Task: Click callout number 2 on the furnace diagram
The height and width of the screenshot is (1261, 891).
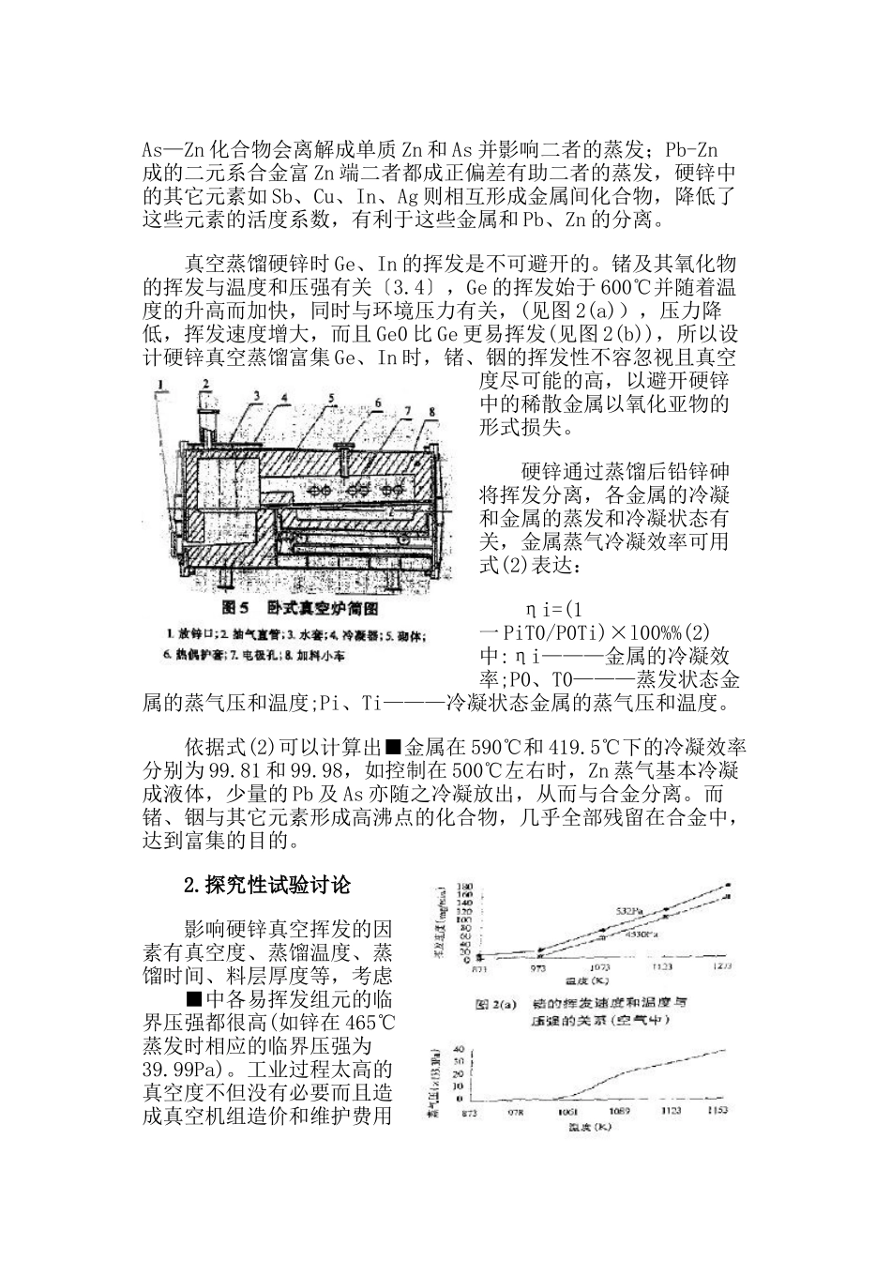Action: pyautogui.click(x=204, y=383)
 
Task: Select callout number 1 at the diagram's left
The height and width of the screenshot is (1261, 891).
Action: pyautogui.click(x=161, y=383)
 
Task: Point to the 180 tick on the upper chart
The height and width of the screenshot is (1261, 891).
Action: pyautogui.click(x=463, y=887)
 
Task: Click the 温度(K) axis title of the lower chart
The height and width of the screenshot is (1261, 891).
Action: pyautogui.click(x=590, y=1126)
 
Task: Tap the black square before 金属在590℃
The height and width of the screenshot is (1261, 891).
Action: pyautogui.click(x=393, y=747)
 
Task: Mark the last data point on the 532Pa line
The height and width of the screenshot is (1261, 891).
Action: pyautogui.click(x=728, y=885)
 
